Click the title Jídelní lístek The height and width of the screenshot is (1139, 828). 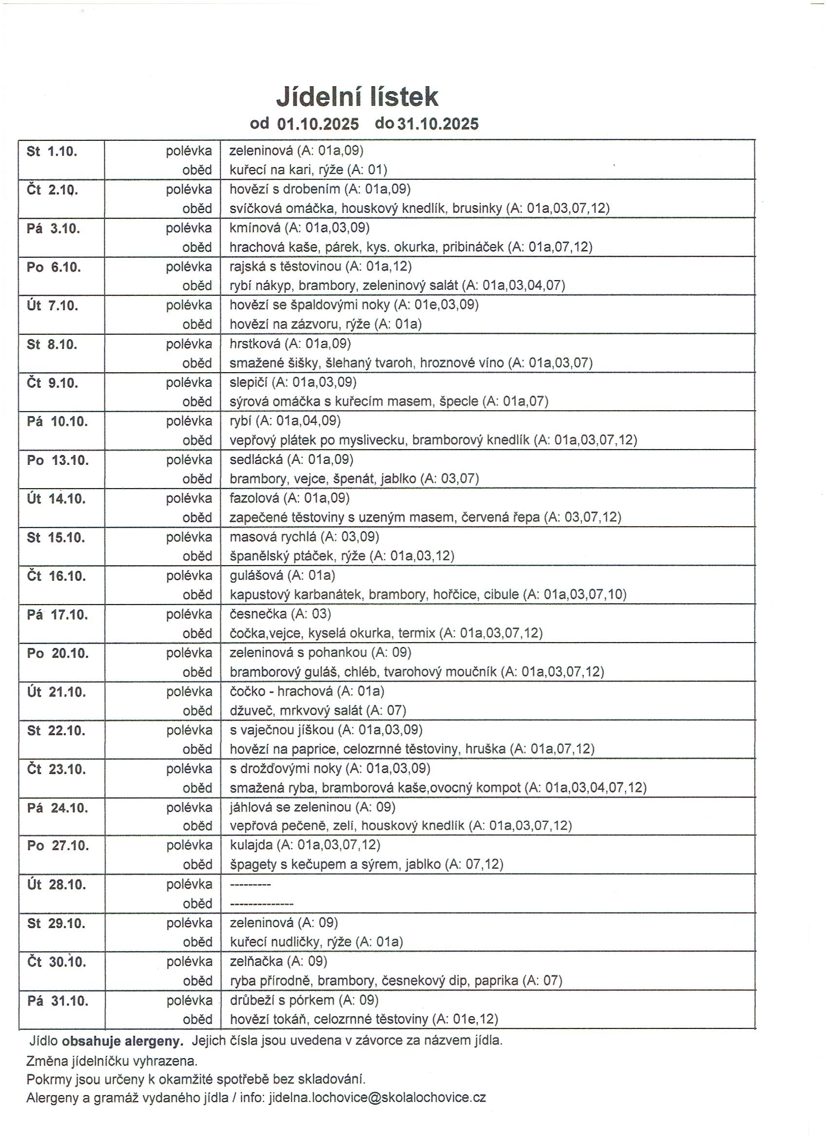[357, 96]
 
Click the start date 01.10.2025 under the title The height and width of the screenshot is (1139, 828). [318, 124]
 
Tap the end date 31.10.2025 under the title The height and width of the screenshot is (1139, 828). [438, 124]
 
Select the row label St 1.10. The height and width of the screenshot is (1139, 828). [52, 151]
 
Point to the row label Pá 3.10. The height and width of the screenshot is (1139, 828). [53, 228]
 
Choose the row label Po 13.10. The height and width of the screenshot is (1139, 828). [57, 460]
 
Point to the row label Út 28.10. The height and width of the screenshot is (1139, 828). [56, 884]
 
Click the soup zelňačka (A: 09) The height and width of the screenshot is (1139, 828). [278, 961]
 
